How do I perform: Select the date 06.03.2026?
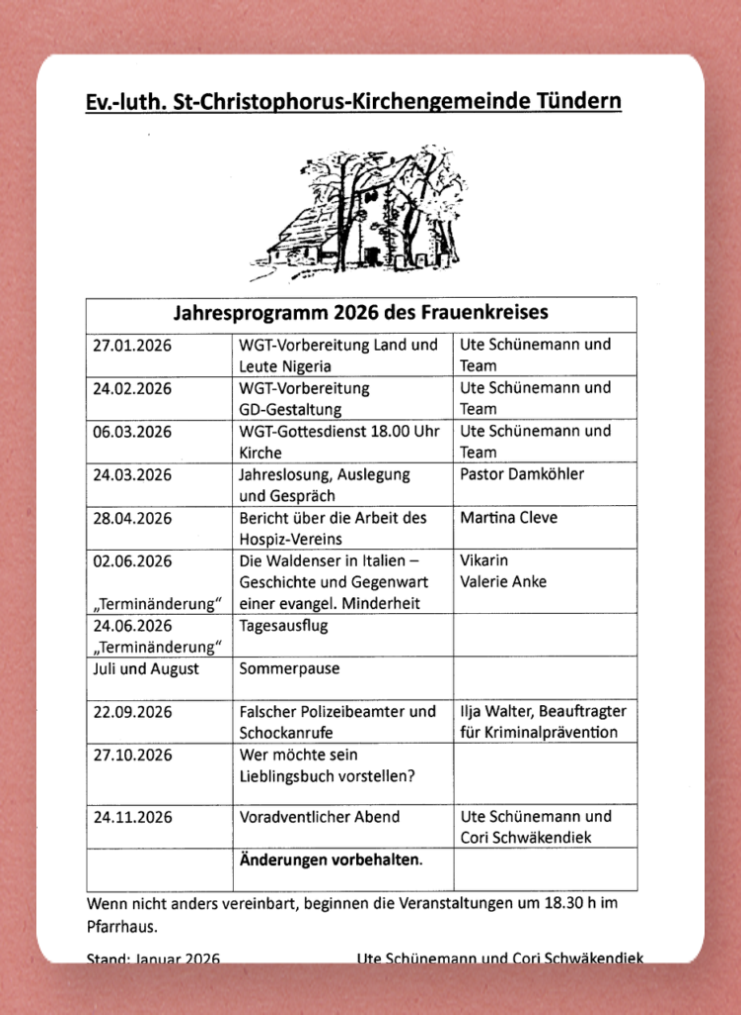coord(132,432)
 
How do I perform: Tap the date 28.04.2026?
coord(132,518)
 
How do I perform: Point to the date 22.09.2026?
coord(132,712)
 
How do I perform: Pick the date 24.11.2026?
coord(132,817)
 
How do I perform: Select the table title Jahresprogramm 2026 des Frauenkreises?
coord(361,313)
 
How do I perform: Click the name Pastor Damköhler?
coord(522,474)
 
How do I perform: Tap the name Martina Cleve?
coord(509,518)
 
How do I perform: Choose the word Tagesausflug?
coord(283,626)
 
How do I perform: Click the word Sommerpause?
coord(289,668)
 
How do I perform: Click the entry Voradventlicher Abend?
coord(319,817)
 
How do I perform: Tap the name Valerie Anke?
coord(503,582)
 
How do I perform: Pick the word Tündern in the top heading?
coord(580,102)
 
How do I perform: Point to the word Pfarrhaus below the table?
coord(122,926)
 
